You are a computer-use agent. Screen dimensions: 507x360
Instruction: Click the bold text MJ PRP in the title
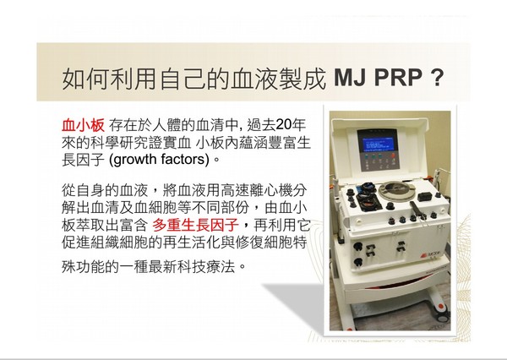tap(378, 78)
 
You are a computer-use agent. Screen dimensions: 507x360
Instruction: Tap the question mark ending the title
tap(437, 78)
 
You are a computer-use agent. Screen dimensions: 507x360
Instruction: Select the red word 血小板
tap(83, 125)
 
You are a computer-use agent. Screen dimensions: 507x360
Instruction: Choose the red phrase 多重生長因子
tap(196, 225)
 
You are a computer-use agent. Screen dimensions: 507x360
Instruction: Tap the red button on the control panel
tap(394, 155)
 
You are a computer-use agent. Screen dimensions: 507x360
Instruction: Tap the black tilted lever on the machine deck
tap(415, 210)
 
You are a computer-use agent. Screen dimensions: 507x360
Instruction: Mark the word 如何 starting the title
tap(85, 79)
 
